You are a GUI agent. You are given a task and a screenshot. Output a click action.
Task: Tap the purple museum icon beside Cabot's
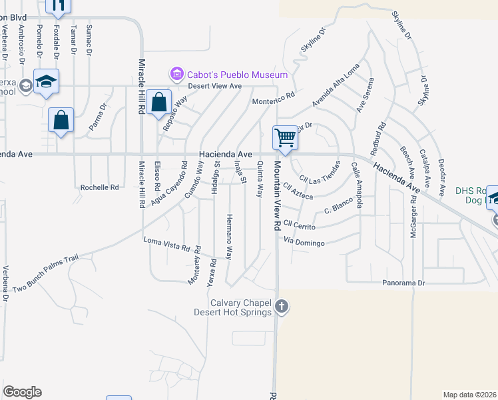177,73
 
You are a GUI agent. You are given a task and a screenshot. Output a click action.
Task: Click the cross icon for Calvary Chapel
282,307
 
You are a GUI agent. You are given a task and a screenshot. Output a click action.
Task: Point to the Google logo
22,392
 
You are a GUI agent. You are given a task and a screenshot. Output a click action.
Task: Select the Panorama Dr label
403,283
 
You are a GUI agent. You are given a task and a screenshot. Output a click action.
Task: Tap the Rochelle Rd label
99,187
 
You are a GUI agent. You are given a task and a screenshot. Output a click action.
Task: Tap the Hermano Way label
228,237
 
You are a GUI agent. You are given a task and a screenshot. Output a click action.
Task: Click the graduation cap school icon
47,81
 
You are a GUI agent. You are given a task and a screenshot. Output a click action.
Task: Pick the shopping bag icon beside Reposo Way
159,103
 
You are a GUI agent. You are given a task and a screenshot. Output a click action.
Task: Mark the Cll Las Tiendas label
320,172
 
